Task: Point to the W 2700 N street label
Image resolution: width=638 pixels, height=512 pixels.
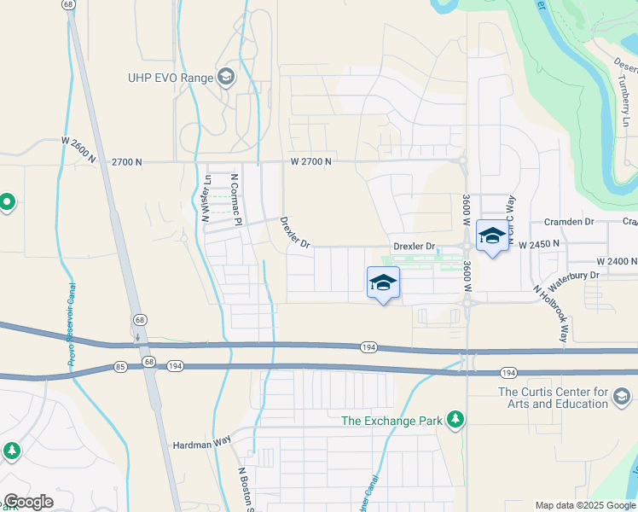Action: tap(310, 160)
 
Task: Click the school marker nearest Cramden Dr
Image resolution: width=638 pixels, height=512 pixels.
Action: tap(491, 237)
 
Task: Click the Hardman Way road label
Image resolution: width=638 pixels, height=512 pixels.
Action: tap(202, 444)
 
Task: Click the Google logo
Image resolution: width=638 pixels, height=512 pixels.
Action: tap(28, 502)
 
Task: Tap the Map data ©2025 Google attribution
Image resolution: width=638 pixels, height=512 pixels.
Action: tap(585, 505)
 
